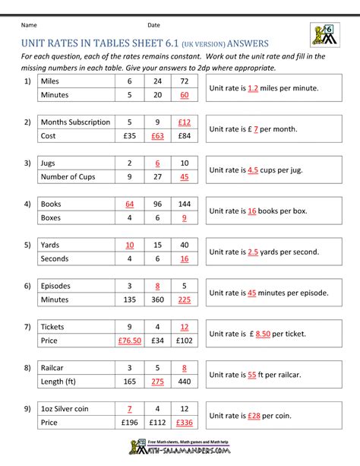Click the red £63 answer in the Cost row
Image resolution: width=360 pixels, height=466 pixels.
(157, 137)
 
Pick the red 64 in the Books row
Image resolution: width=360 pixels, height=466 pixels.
(130, 204)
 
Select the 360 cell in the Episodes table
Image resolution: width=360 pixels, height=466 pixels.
(157, 301)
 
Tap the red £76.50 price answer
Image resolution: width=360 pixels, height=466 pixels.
(130, 342)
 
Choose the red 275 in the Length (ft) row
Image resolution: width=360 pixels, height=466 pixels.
(157, 383)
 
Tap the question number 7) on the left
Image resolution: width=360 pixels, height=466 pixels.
(27, 327)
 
